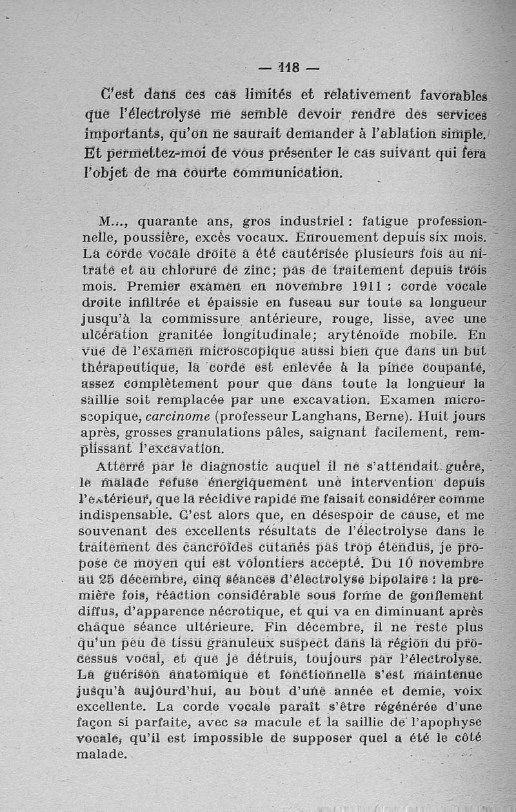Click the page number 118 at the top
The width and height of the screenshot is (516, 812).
[x=289, y=67]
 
